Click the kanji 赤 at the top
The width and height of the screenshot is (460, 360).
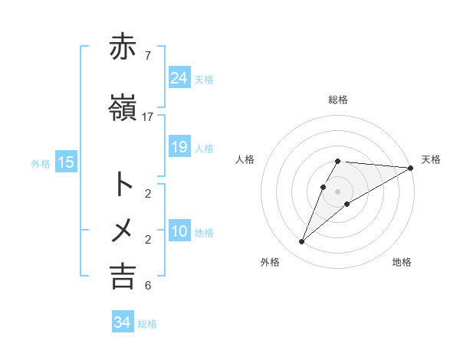pyautogui.click(x=123, y=47)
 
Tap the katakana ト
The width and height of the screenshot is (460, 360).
pyautogui.click(x=123, y=184)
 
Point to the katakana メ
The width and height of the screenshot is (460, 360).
pyautogui.click(x=123, y=230)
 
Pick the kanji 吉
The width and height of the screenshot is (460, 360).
pyautogui.click(x=123, y=276)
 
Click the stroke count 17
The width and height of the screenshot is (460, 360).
pyautogui.click(x=148, y=117)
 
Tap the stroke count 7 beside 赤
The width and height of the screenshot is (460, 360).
pyautogui.click(x=147, y=56)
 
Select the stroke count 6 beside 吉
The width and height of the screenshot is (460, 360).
pyautogui.click(x=147, y=286)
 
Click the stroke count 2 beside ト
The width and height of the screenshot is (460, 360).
pyautogui.click(x=147, y=193)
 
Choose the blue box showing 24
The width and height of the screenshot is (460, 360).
pyautogui.click(x=179, y=77)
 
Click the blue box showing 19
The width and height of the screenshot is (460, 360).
pyautogui.click(x=179, y=147)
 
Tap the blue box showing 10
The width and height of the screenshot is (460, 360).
pyautogui.click(x=179, y=231)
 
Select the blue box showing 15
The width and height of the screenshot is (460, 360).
pyautogui.click(x=66, y=162)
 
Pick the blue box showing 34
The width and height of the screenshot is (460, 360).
pyautogui.click(x=122, y=323)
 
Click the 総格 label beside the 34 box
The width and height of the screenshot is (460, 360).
pyautogui.click(x=147, y=324)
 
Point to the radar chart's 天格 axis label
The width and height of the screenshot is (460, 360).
pyautogui.click(x=431, y=159)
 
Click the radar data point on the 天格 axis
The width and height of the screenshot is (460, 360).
pyautogui.click(x=411, y=168)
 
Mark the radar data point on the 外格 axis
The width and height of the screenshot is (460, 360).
pyautogui.click(x=301, y=242)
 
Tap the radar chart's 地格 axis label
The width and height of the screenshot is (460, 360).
pyautogui.click(x=402, y=262)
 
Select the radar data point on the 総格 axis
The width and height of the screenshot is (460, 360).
pyautogui.click(x=338, y=161)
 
